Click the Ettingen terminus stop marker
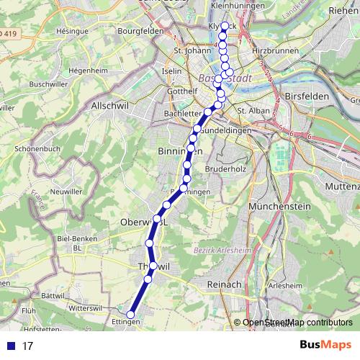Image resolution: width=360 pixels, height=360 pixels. [131, 314]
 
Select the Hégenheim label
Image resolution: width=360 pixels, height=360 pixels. [89, 71]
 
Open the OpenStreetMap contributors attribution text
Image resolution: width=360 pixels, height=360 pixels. [293, 323]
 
